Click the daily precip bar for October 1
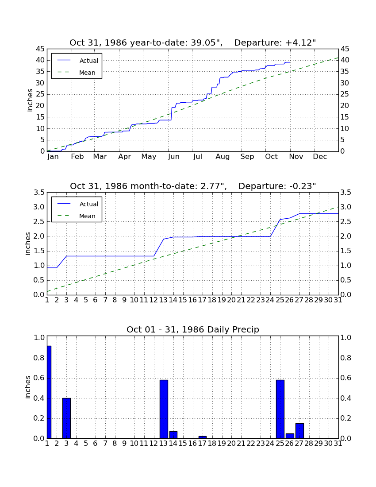coord(49,392)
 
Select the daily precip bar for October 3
coord(66,418)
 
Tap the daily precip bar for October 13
coord(164,409)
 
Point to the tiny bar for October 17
coord(203,437)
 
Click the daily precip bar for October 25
coord(280,409)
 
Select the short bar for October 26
coord(290,436)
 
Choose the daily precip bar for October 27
coord(299,431)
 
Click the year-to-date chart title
coord(193,43)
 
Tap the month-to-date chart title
coord(193,186)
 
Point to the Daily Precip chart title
coord(193,329)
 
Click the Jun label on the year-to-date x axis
coord(174,157)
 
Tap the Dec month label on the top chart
coord(320,157)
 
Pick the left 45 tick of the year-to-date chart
coord(40,49)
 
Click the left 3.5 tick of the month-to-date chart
coord(39,193)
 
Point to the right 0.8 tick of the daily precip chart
coord(346,358)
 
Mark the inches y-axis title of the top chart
coord(30,100)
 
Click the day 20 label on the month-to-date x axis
coord(231,300)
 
